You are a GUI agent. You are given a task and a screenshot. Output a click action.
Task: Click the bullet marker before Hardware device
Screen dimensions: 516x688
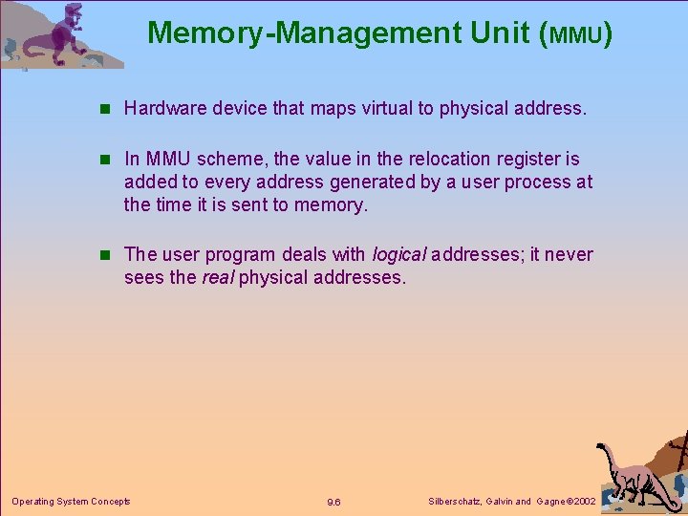(x=111, y=109)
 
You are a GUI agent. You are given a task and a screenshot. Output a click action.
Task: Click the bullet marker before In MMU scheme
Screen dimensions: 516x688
(x=111, y=159)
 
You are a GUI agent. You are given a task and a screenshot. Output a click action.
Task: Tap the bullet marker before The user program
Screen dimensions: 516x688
(x=111, y=255)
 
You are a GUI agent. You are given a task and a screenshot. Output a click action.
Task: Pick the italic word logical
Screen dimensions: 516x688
(x=398, y=255)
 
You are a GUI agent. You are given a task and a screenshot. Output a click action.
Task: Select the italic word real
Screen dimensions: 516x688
(x=218, y=278)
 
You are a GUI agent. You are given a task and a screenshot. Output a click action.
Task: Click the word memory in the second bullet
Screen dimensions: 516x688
(x=331, y=204)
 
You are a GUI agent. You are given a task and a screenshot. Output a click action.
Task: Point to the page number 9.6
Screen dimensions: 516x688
(x=333, y=502)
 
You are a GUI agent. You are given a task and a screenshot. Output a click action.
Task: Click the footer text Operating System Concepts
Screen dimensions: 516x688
(x=71, y=501)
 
